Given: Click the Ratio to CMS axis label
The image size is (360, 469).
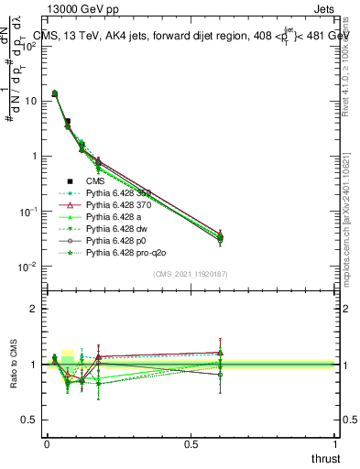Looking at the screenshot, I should coord(15,364).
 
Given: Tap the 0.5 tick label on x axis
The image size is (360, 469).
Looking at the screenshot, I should coord(191,443).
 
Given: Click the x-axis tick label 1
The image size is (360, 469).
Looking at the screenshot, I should coord(335,443).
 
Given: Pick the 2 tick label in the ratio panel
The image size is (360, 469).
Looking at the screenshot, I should coord(34,309).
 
